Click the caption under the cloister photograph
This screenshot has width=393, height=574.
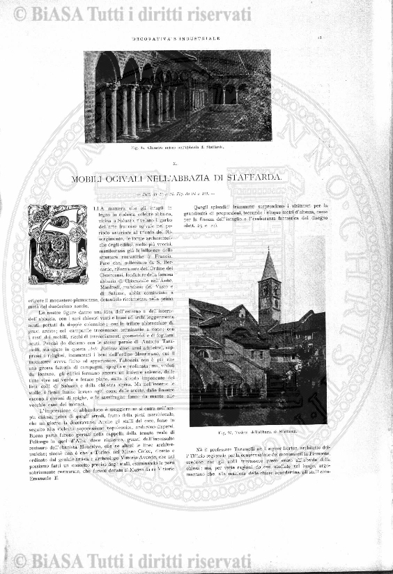point(177,148)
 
